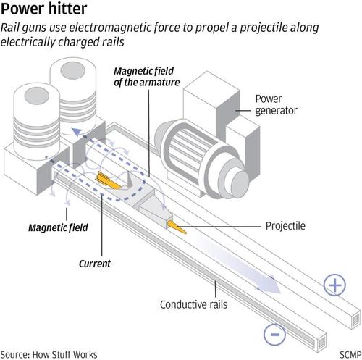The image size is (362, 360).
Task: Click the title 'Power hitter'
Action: (x=44, y=9)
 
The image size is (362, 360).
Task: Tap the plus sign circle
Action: (x=334, y=285)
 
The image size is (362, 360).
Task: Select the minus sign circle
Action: (x=274, y=335)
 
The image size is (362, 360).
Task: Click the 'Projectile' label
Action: (x=285, y=226)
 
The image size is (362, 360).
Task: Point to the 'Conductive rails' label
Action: (x=193, y=304)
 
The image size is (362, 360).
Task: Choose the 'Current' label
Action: (x=95, y=264)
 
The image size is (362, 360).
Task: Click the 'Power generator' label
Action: (x=276, y=104)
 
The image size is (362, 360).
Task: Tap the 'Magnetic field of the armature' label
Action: (x=147, y=77)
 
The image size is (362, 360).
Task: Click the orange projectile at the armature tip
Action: (x=177, y=227)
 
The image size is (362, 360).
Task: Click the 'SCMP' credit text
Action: (x=350, y=355)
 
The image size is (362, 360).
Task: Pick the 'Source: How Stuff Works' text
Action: (x=49, y=355)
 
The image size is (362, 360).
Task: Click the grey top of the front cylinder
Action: (x=37, y=96)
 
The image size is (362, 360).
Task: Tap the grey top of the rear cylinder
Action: (x=72, y=70)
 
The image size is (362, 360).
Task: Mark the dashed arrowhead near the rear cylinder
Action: (x=77, y=132)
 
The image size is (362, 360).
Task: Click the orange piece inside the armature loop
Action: (x=109, y=180)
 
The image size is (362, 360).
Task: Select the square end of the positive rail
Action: (x=355, y=320)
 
